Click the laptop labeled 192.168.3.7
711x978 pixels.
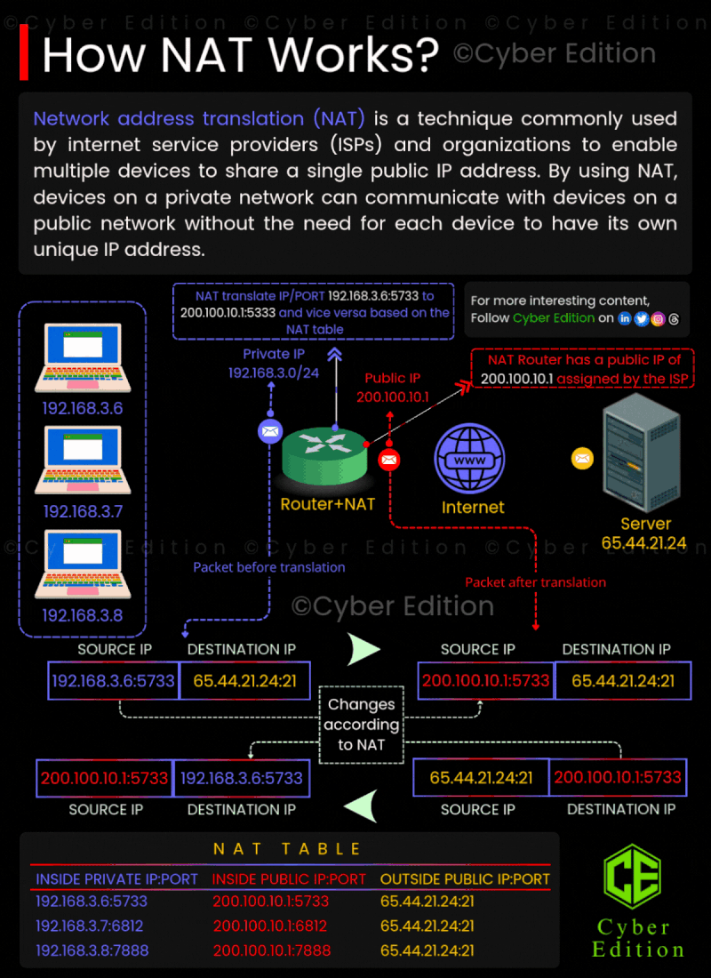[83, 460]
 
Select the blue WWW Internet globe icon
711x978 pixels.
[469, 460]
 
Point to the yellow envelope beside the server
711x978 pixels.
[582, 459]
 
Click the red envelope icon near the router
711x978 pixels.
[389, 461]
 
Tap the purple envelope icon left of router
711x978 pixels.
[271, 431]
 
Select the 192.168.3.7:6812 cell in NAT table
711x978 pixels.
[89, 926]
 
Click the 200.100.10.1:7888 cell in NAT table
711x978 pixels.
[271, 950]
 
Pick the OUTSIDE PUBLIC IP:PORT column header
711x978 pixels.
[466, 879]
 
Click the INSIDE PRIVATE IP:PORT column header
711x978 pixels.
[116, 879]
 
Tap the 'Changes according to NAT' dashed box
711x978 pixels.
[361, 724]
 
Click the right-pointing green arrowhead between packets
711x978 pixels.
[363, 649]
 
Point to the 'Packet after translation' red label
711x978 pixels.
[536, 582]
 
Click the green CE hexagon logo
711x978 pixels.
[632, 877]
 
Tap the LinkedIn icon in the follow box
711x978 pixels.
[624, 318]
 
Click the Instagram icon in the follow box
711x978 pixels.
[658, 318]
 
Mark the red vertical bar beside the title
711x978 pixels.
[24, 52]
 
